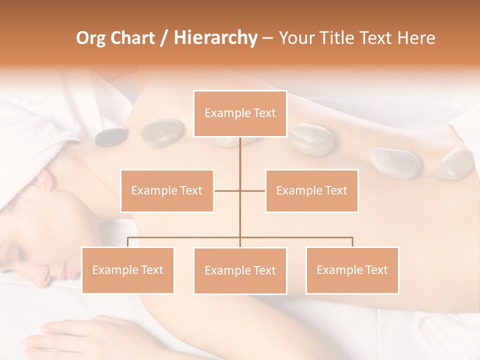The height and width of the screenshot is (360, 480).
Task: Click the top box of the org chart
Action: (x=240, y=113)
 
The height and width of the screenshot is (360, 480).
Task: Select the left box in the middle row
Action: (x=167, y=190)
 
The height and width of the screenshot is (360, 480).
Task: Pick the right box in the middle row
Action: (x=311, y=190)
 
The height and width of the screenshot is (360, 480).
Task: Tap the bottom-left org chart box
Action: (x=127, y=270)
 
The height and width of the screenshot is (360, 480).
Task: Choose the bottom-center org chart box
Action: (x=240, y=270)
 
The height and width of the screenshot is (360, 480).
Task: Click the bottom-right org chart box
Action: (x=352, y=270)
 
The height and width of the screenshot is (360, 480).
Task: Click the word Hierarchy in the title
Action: (x=215, y=37)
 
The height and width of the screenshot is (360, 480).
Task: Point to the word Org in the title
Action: (x=91, y=37)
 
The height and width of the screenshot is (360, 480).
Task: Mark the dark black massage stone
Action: (x=111, y=136)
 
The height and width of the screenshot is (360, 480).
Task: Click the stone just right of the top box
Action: (x=311, y=138)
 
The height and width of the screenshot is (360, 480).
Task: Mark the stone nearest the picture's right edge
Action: (x=456, y=163)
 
